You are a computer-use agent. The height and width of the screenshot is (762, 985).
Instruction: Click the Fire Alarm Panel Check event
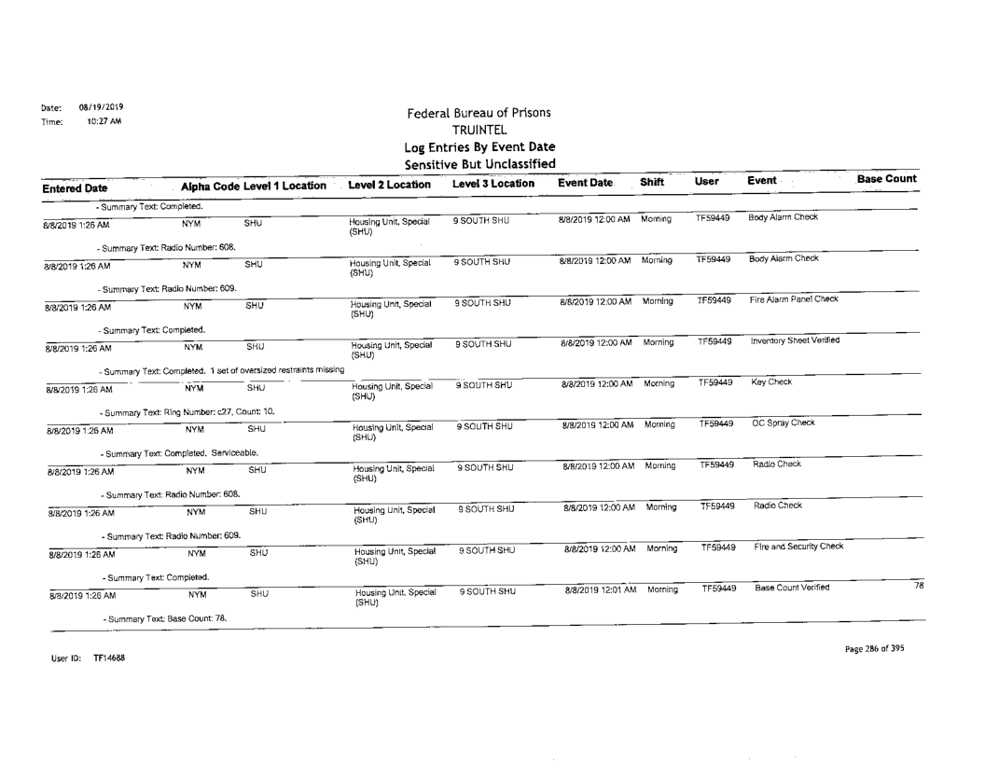click(789, 300)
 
